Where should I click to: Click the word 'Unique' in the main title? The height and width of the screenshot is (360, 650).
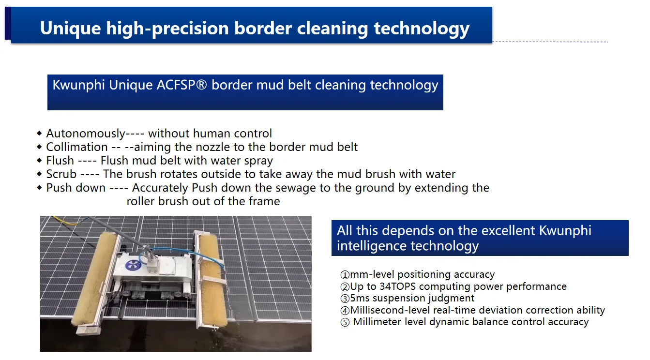[x=71, y=28]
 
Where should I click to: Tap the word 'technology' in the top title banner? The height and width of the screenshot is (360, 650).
[x=422, y=29]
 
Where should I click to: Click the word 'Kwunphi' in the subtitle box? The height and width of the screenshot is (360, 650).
[x=78, y=85]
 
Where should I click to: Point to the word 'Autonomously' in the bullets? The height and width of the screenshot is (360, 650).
[x=86, y=134]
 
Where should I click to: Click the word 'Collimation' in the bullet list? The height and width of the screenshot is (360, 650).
[x=77, y=147]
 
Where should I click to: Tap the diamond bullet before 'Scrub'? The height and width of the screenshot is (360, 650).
[x=40, y=174]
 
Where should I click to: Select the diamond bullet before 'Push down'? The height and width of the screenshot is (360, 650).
[x=40, y=188]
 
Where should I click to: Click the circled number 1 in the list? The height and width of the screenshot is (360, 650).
[x=345, y=274]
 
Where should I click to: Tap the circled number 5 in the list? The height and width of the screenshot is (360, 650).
[x=345, y=322]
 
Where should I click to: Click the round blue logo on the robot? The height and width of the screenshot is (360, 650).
[x=133, y=265]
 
